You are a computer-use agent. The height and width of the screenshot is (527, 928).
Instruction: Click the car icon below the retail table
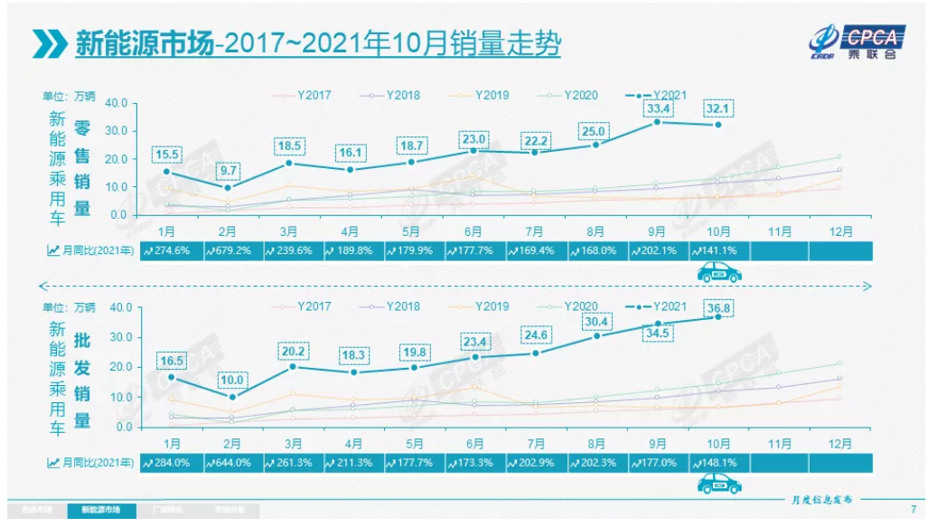(718, 271)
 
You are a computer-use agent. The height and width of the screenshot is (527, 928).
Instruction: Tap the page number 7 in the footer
(912, 508)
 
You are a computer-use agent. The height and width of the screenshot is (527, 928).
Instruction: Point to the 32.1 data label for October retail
(719, 109)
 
